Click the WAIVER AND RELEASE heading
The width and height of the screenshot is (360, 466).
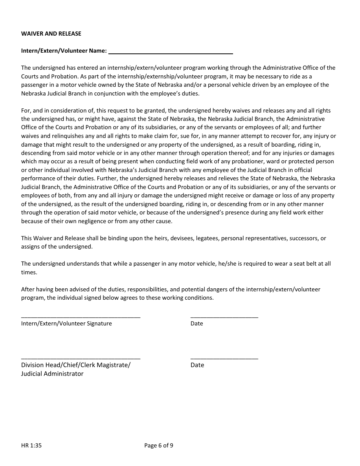click(x=51, y=34)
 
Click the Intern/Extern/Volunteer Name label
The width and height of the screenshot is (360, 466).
click(x=64, y=51)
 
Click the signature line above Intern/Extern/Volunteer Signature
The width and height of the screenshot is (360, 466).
click(x=81, y=317)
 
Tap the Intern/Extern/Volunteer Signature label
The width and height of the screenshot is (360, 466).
click(x=66, y=324)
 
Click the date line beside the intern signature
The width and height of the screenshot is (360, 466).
click(x=224, y=317)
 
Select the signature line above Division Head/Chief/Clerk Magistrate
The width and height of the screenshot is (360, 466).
click(x=81, y=358)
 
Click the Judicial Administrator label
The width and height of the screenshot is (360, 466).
click(x=52, y=374)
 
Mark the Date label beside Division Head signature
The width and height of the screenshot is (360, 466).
click(x=197, y=365)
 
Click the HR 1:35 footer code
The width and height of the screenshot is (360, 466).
click(x=31, y=446)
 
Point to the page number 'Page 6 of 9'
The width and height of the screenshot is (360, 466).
click(x=159, y=446)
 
